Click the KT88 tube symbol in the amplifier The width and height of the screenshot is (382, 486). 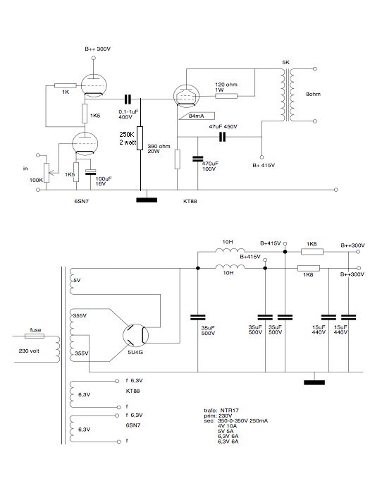pos(186,96)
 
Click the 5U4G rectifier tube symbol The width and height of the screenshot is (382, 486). pos(135,335)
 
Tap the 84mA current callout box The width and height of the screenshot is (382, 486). pos(197,116)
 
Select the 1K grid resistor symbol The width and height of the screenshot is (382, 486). pos(65,85)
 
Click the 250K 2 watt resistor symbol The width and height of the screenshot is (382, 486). pos(140,138)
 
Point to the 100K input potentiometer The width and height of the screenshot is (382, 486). pos(47,173)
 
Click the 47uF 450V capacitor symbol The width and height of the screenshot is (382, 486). pos(222,137)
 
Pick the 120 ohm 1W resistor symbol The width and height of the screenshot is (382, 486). pos(226,96)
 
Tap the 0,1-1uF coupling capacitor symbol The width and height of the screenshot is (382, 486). pos(128,99)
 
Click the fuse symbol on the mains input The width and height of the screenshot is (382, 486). pos(34,336)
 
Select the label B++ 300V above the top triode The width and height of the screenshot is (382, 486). pos(97,49)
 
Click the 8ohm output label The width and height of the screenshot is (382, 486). pos(313,94)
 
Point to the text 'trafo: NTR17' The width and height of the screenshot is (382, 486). pos(221,411)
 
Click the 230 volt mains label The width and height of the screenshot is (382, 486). pos(29,351)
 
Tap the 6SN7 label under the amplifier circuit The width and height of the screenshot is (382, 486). pos(82,201)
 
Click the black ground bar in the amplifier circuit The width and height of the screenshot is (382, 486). pos(147,200)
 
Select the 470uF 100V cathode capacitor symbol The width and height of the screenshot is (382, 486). pos(197,159)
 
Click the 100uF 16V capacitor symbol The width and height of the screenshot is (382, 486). pos(90,172)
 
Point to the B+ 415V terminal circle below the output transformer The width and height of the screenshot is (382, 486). pos(261,157)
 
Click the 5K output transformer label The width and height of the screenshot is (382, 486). pos(285,62)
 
